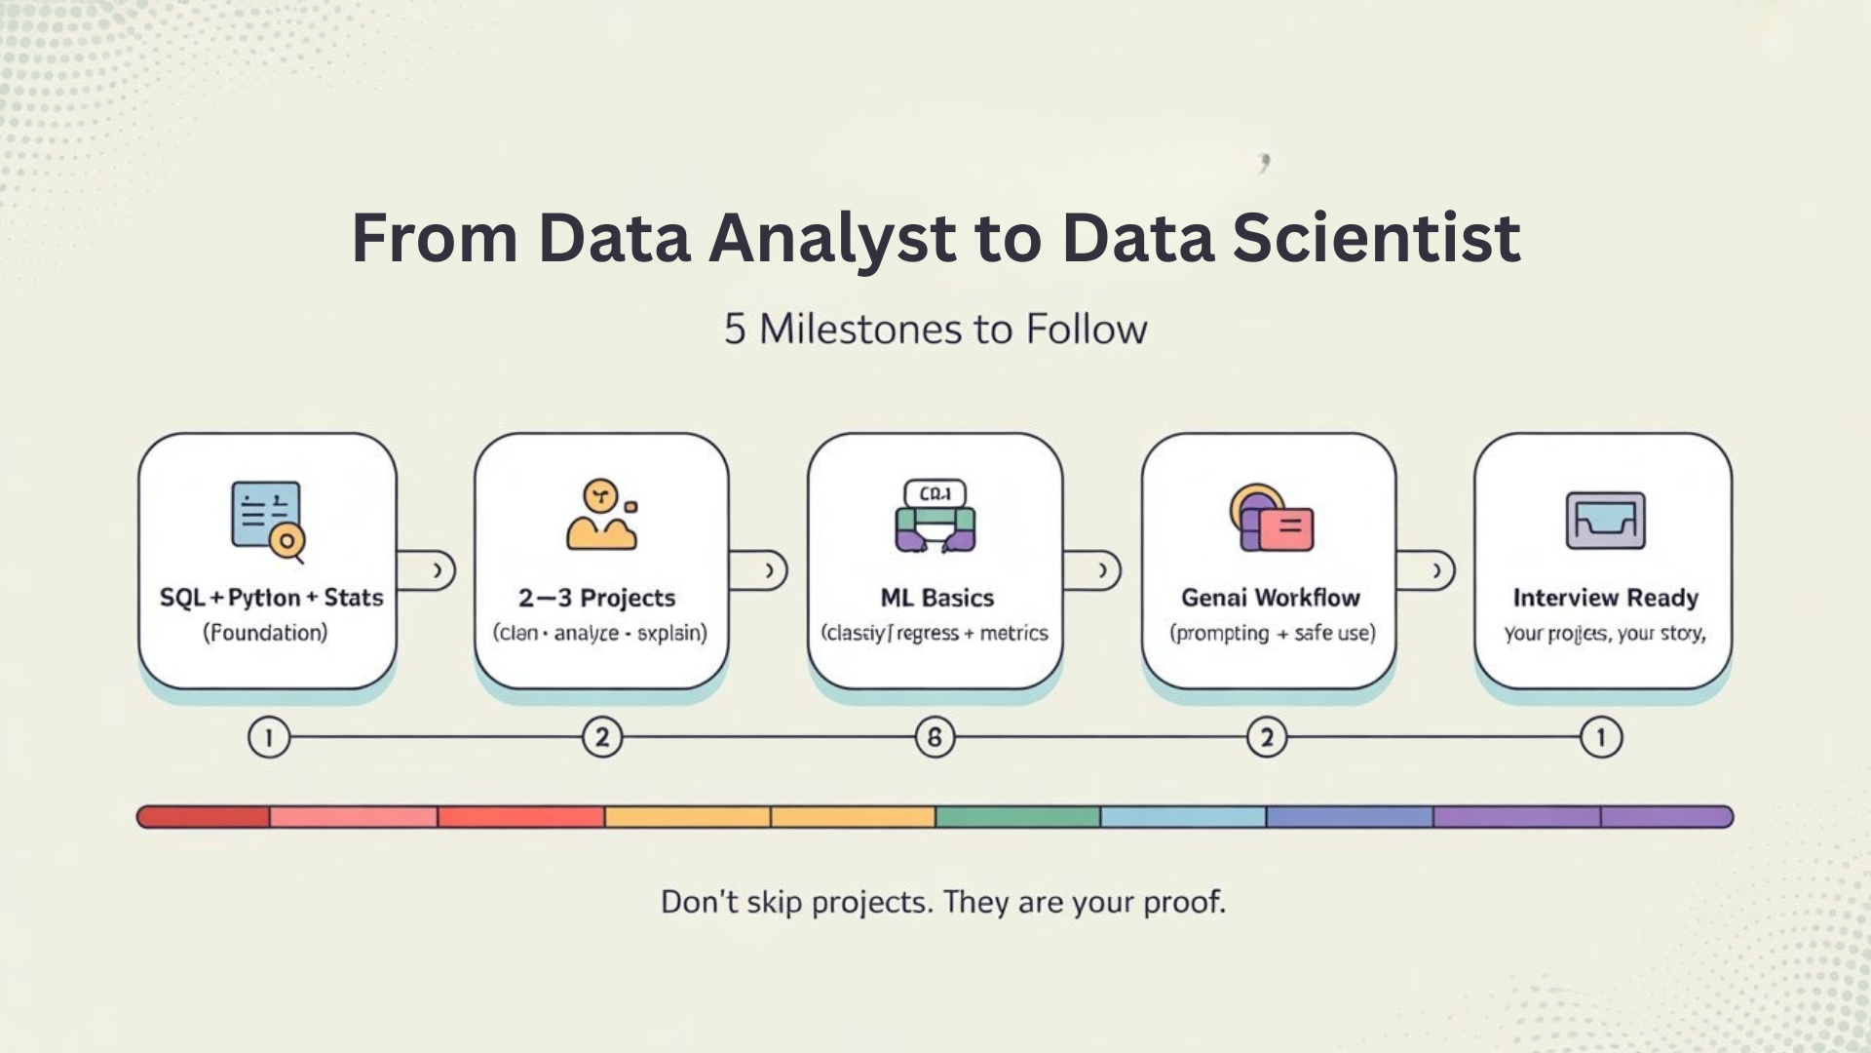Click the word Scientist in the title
(1376, 238)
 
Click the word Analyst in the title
(832, 238)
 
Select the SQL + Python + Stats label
(271, 598)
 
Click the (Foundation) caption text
(265, 633)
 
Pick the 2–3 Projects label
(596, 598)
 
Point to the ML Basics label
(936, 598)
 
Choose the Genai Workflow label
(1270, 598)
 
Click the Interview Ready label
(1605, 598)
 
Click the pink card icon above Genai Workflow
(1284, 528)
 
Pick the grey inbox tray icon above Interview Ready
(1605, 521)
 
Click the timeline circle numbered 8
(935, 737)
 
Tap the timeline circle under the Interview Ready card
(1600, 737)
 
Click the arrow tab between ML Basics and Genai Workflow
(1093, 570)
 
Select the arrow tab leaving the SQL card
(428, 570)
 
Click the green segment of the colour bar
(1017, 817)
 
